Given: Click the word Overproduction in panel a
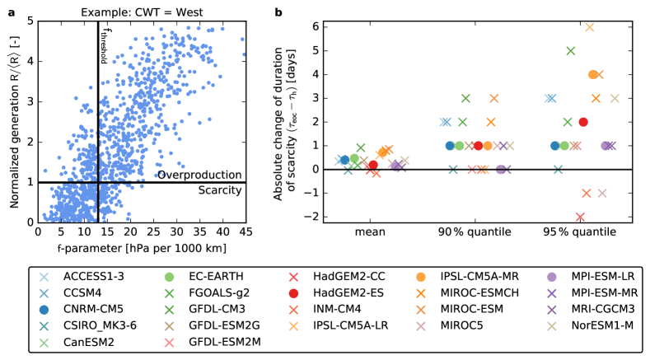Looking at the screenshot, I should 200,175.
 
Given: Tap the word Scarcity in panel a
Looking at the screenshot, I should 220,190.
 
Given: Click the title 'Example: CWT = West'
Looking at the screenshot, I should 142,10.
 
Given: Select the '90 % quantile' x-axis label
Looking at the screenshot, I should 467,233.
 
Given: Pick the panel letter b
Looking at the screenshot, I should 278,10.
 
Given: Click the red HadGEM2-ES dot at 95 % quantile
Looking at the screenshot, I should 583,122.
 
